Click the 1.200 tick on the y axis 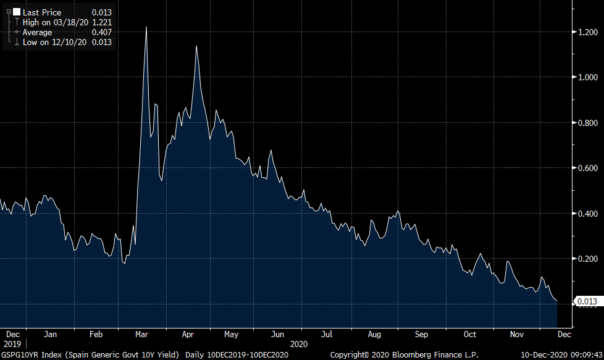(589, 32)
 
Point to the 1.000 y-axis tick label (589, 77)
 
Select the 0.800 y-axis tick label (589, 123)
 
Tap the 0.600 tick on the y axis (589, 168)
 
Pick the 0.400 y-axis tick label (589, 214)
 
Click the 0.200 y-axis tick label (589, 259)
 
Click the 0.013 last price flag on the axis (587, 301)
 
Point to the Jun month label (278, 334)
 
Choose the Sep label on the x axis (421, 334)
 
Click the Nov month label (517, 334)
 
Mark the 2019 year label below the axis (12, 343)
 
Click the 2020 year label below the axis (299, 343)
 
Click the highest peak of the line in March (146, 27)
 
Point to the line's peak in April (196, 46)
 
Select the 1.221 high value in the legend (101, 22)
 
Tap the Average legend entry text (38, 32)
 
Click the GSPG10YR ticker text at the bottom (23, 354)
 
